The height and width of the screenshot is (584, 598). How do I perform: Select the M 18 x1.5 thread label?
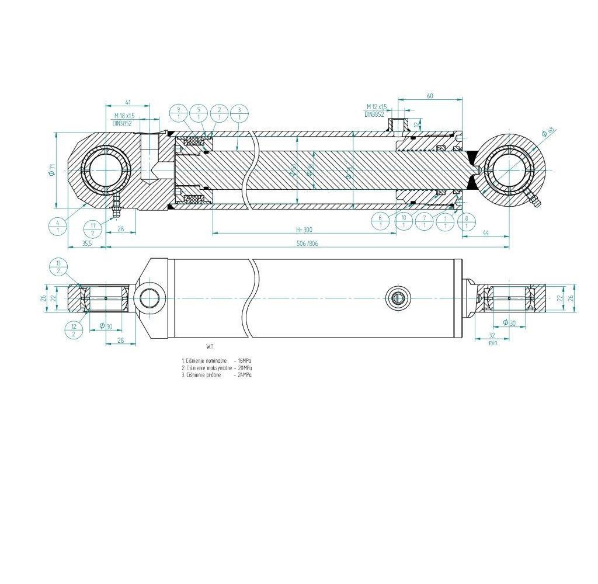click(124, 116)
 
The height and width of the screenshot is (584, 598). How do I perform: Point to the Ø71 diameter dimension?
click(52, 170)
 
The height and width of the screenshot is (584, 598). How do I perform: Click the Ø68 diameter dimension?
click(547, 131)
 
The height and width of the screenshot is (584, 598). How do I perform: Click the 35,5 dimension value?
click(86, 244)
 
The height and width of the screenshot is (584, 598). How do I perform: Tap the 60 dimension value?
click(429, 96)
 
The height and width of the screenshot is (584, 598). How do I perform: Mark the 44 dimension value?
click(485, 233)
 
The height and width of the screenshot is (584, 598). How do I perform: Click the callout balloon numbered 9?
click(178, 113)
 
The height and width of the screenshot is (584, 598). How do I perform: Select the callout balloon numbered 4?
click(58, 225)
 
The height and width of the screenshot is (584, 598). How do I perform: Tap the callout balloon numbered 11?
click(93, 228)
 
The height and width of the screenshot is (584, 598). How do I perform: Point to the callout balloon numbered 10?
click(403, 221)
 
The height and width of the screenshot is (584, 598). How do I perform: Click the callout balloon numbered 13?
click(58, 267)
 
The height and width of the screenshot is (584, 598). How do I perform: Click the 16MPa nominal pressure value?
click(246, 361)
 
